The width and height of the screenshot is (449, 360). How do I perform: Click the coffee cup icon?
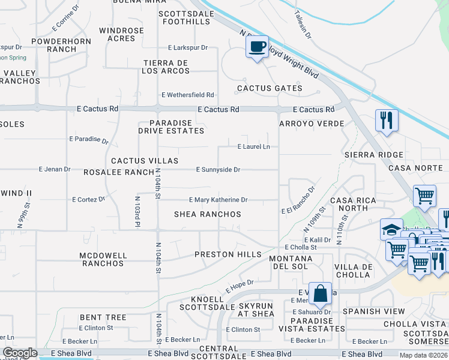coord(258,47)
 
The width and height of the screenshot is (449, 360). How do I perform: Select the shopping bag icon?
coord(321,293)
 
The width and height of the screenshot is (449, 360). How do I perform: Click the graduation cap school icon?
coord(391,229)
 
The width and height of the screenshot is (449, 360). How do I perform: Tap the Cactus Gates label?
coord(270,88)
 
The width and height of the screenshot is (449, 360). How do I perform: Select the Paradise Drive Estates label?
coord(171,127)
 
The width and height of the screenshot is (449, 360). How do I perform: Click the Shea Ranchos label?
coord(208,214)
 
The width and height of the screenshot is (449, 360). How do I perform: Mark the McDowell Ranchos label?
coord(103,259)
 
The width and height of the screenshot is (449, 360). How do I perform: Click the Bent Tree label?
coord(103,317)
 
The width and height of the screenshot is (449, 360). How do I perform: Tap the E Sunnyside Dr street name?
coord(218,170)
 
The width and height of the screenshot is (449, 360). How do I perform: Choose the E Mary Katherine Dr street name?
coord(218,200)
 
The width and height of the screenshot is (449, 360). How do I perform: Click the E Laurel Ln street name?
coord(253,146)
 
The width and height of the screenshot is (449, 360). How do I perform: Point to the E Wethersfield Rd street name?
coord(187,95)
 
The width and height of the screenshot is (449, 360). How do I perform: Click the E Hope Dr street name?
coord(240,286)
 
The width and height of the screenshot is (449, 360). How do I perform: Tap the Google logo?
coord(20,353)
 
